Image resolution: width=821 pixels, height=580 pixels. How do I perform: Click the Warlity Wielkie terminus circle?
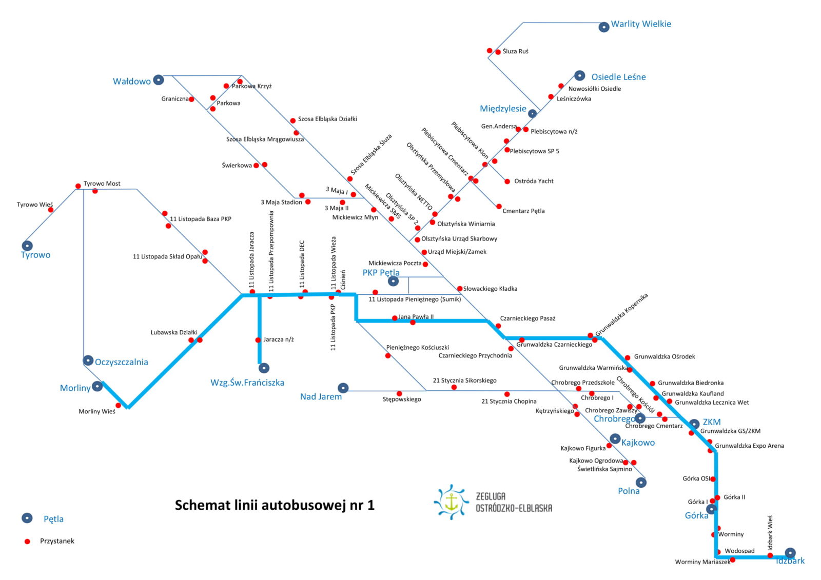pos(603,27)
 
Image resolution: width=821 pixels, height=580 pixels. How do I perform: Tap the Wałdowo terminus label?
pos(131,82)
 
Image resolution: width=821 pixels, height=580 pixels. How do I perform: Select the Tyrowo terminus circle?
pos(27,246)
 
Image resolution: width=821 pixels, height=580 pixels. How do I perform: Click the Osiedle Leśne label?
pos(618,77)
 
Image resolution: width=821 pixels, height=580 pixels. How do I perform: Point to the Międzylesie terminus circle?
pos(532,113)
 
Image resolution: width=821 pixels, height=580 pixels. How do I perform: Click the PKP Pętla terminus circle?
pos(393,282)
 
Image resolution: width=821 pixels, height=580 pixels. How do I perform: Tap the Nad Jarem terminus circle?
pos(343,388)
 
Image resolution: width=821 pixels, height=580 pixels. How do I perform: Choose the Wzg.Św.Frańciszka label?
pos(247,383)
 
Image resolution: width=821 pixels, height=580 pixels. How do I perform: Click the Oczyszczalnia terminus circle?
pos(88,361)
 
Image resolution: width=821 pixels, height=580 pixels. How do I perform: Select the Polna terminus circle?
pos(641,483)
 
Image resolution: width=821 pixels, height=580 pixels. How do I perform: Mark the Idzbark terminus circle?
pos(790,553)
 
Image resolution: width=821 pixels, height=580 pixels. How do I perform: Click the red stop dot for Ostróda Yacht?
pos(507,182)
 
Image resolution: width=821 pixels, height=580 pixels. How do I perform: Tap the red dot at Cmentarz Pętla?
pos(499,207)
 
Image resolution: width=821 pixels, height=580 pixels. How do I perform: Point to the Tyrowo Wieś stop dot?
pos(51,210)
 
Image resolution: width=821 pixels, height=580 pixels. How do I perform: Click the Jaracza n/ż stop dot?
pos(258,340)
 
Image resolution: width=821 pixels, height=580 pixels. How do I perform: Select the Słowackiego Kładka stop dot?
pos(460,289)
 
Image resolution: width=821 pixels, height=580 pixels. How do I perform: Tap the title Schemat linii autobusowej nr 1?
pos(275,505)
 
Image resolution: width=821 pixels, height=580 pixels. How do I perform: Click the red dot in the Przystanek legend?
pos(27,542)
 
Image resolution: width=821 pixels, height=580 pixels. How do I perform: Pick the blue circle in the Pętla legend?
pos(27,518)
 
